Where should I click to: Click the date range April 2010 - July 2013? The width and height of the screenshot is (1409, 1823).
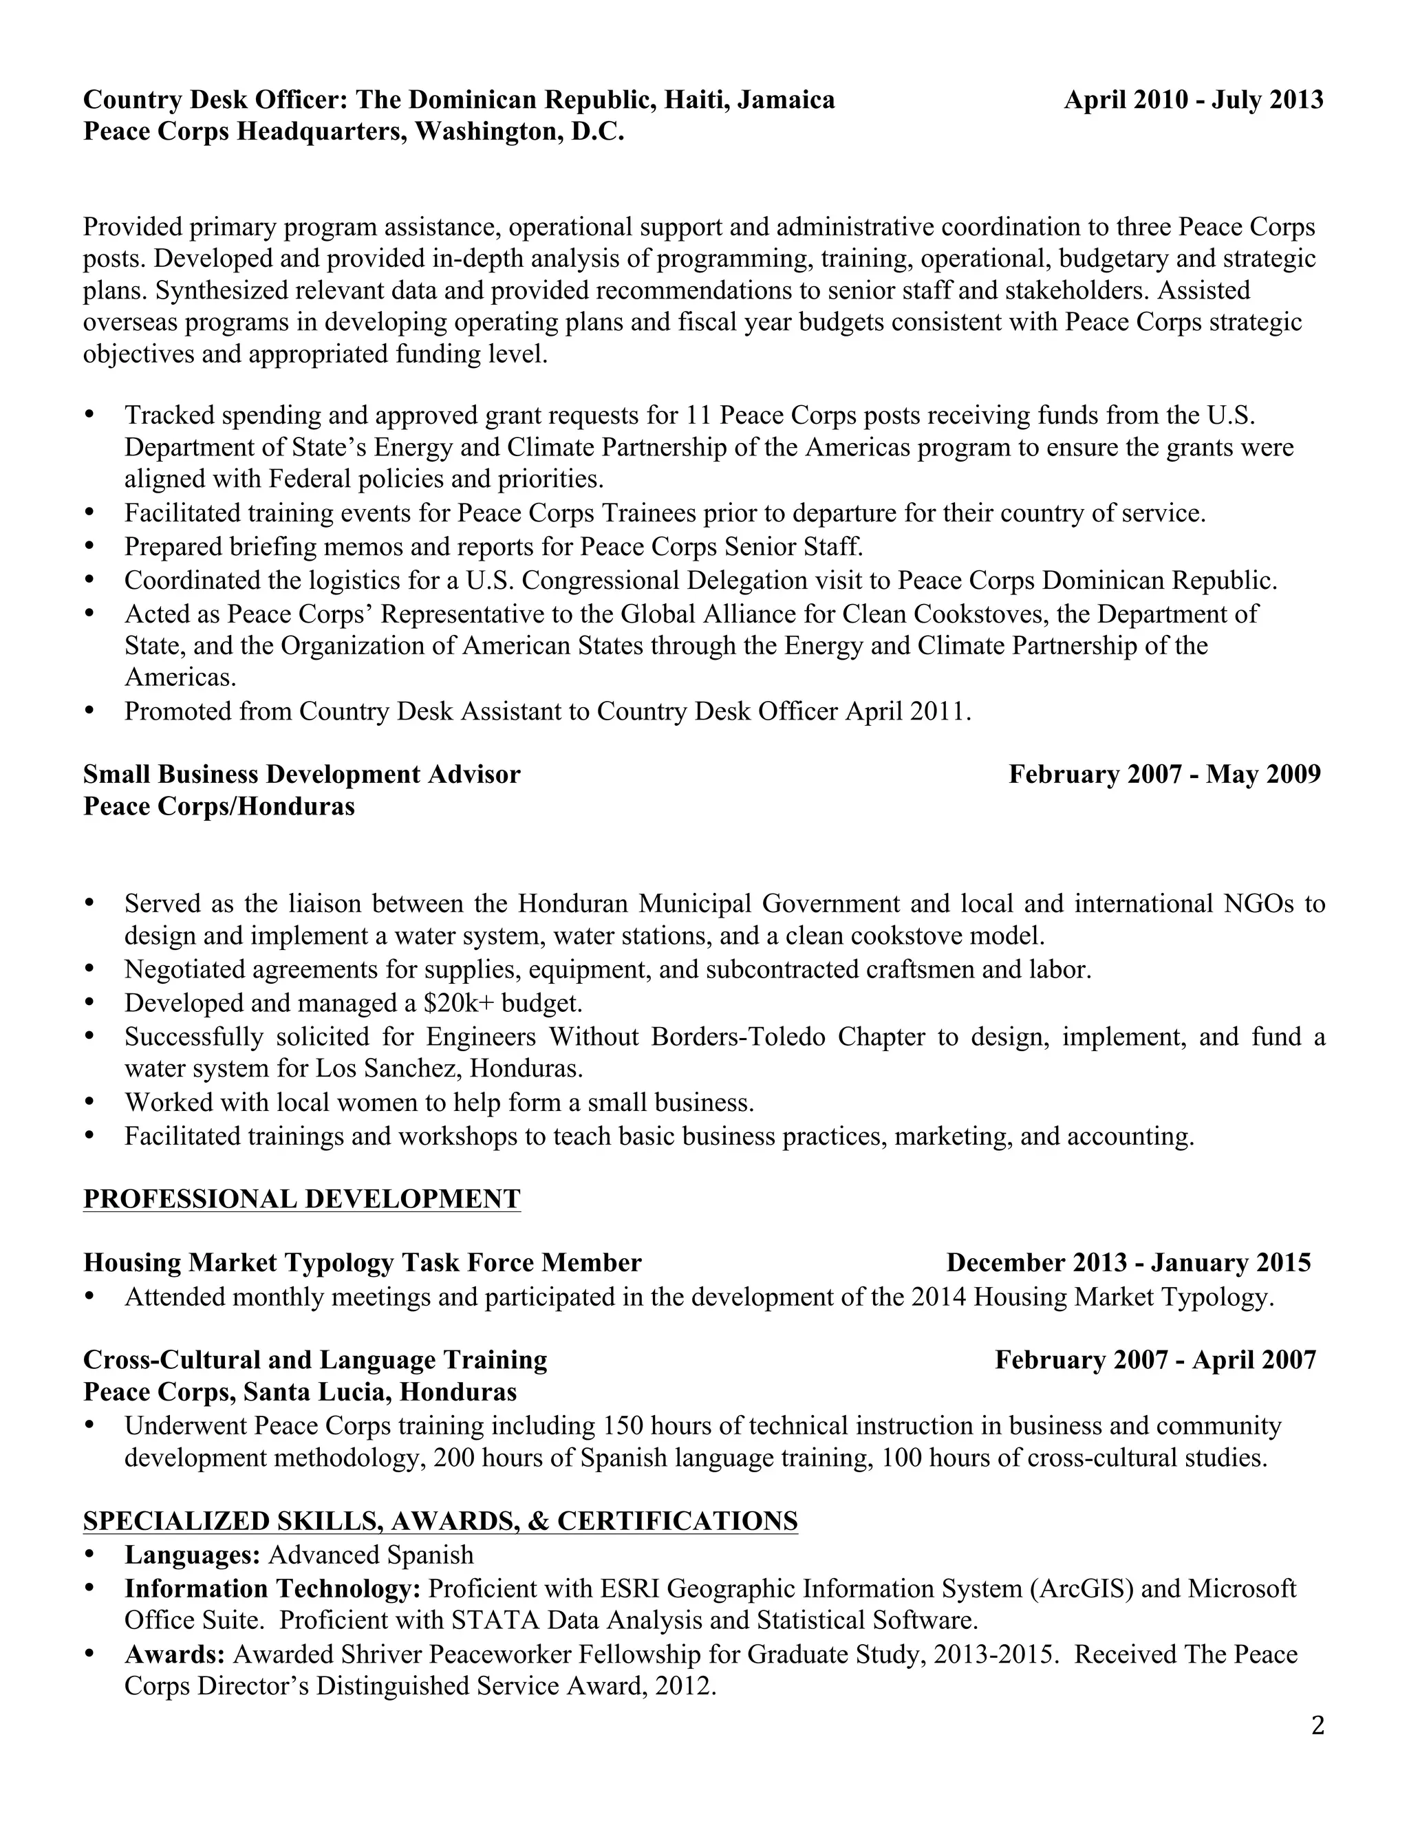1193,100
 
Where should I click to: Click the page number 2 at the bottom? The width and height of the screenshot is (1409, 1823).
1317,1725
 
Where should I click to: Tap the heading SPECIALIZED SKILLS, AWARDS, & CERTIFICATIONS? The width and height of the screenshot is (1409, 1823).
440,1521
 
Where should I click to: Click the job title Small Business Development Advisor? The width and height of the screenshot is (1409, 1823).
301,775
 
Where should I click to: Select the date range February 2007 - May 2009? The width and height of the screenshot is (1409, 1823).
1165,775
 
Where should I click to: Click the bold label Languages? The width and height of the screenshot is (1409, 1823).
193,1555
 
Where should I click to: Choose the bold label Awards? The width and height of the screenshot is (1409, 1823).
175,1654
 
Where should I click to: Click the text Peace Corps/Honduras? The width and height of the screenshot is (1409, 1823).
219,807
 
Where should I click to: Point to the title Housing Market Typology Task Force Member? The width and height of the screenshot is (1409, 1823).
363,1263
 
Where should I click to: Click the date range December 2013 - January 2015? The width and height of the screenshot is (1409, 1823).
1128,1263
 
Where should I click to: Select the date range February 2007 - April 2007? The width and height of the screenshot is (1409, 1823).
1154,1360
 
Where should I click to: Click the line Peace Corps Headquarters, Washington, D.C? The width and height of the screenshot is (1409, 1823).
353,133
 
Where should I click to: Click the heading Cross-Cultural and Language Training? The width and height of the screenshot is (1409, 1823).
314,1360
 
